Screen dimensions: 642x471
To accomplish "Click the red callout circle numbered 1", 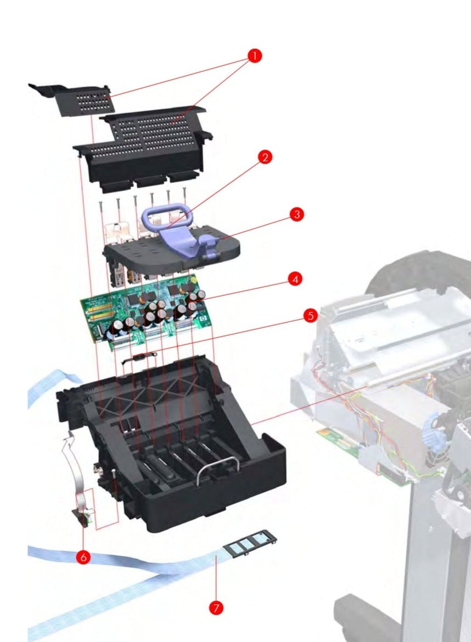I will pos(254,56).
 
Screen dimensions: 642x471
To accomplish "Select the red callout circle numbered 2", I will pos(265,158).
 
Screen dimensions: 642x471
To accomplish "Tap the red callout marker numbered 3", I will pos(296,214).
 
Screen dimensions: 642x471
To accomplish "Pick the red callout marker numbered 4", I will pos(295,279).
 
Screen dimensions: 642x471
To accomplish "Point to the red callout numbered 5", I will pos(310,316).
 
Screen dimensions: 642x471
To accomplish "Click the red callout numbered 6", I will pos(83,556).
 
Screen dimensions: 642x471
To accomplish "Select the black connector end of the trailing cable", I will pos(250,543).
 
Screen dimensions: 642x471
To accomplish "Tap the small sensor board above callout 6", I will pos(84,516).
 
